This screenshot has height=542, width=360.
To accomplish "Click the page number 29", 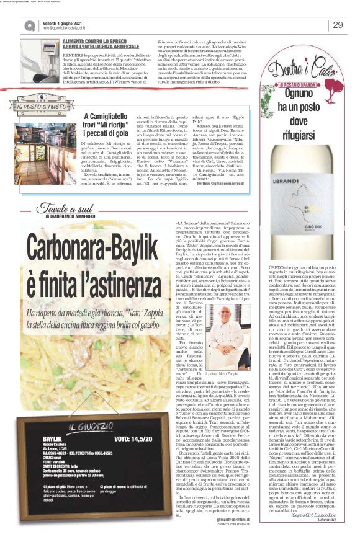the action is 338,24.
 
